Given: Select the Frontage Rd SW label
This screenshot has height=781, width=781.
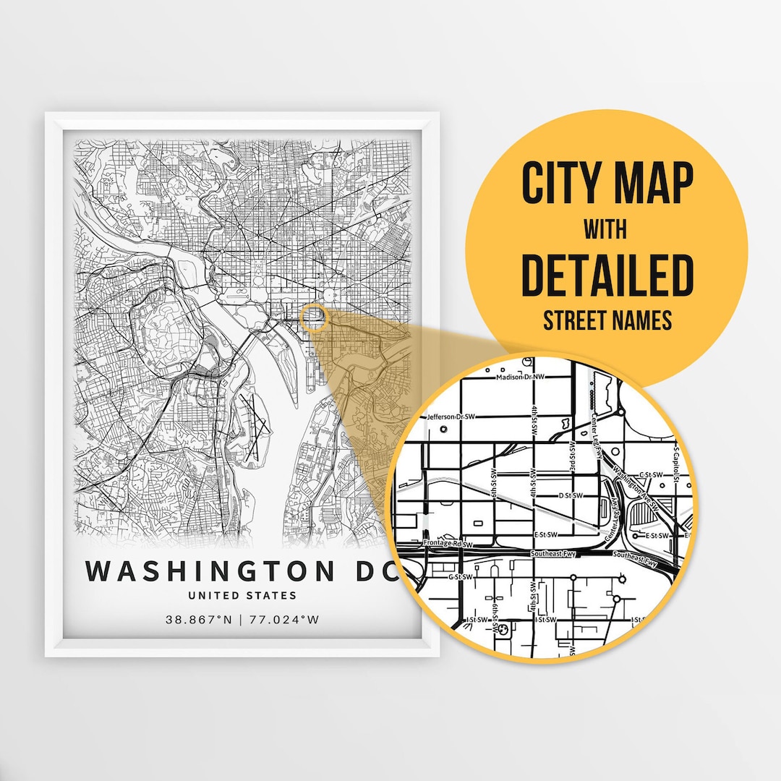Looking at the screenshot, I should click(x=447, y=543).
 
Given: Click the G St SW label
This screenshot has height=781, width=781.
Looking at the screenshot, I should click(x=460, y=576).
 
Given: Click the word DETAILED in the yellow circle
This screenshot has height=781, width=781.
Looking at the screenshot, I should click(x=607, y=276).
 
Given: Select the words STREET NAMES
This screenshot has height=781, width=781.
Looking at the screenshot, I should click(x=607, y=320).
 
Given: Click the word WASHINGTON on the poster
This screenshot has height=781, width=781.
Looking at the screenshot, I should click(x=210, y=571).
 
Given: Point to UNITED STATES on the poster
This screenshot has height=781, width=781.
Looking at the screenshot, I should click(x=242, y=596).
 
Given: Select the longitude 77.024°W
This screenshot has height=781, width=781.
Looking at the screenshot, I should click(x=284, y=620).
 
